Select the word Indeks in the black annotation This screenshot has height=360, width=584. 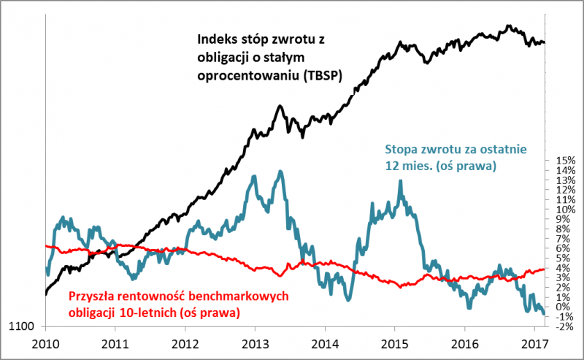point(218,39)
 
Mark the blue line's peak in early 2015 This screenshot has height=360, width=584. point(400,180)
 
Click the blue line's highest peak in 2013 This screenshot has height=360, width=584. point(280,171)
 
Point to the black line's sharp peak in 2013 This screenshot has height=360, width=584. point(280,107)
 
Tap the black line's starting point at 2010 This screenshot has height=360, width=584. point(45,294)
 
